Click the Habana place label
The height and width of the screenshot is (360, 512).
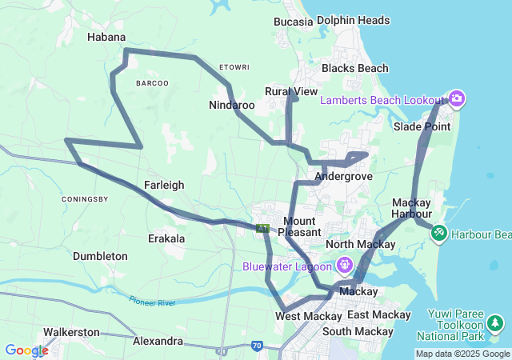tap(106, 37)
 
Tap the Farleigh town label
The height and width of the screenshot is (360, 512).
tap(164, 185)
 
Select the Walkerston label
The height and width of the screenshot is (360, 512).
tap(71, 331)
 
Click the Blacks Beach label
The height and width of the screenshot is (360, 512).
tap(354, 69)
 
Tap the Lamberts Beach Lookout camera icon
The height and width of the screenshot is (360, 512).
tap(457, 99)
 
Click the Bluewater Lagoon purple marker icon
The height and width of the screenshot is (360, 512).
tap(345, 263)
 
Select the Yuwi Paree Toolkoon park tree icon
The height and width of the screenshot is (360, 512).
tap(496, 324)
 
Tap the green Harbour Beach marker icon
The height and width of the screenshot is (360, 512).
tap(438, 234)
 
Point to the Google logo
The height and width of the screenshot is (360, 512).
tap(26, 350)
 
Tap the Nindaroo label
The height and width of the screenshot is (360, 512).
tap(231, 105)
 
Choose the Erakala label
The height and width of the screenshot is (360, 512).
tap(166, 238)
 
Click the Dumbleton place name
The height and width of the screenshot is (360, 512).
tap(100, 256)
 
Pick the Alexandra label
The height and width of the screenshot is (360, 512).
tap(158, 341)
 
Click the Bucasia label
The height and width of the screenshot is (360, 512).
tap(293, 22)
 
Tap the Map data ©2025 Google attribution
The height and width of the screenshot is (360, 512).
tap(462, 354)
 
